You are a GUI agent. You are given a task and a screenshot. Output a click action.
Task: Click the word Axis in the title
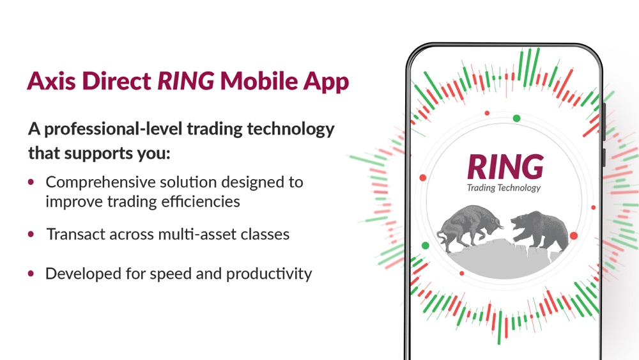tap(51, 81)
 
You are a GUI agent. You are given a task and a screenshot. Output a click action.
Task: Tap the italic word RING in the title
tap(186, 81)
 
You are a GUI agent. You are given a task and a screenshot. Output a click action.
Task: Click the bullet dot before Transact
tap(31, 234)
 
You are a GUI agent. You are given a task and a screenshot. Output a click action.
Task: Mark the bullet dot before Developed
tap(31, 273)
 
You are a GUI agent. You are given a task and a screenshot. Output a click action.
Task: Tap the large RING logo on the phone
tap(505, 167)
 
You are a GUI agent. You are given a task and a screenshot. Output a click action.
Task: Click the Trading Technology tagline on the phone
tap(504, 187)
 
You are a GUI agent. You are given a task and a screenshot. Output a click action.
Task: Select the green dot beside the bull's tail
tap(425, 246)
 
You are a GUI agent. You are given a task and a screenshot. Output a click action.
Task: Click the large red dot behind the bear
tap(573, 236)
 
